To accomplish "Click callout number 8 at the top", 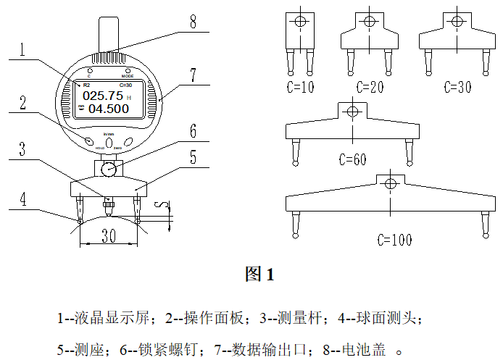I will click(193, 21).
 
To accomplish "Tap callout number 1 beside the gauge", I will click(23, 50).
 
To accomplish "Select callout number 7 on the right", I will click(194, 75).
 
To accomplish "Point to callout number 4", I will click(23, 198).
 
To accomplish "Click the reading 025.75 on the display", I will click(102, 95).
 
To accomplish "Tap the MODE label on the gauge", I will click(128, 75).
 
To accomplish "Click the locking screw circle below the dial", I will click(109, 169).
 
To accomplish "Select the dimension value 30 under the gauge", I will click(109, 235).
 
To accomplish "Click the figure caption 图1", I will click(259, 274).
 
